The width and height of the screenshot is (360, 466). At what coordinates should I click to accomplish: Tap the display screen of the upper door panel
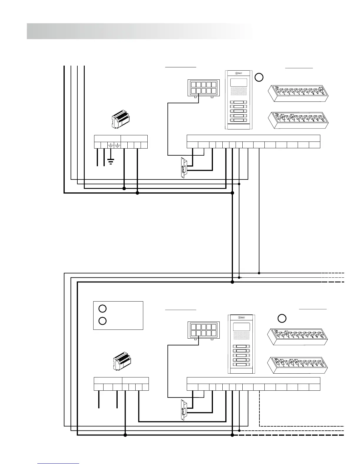[239, 82]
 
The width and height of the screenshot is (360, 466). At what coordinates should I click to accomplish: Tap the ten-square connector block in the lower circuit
[204, 330]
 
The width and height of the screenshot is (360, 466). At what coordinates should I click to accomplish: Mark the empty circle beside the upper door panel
[259, 77]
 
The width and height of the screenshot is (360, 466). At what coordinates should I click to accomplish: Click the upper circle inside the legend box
[102, 309]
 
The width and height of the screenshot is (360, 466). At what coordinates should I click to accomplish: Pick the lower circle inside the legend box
[102, 321]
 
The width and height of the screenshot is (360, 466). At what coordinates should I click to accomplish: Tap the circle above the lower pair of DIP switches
[282, 318]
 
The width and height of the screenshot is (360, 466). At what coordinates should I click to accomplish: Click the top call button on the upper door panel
[239, 103]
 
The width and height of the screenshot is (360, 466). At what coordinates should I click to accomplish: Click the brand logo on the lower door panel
[241, 318]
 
